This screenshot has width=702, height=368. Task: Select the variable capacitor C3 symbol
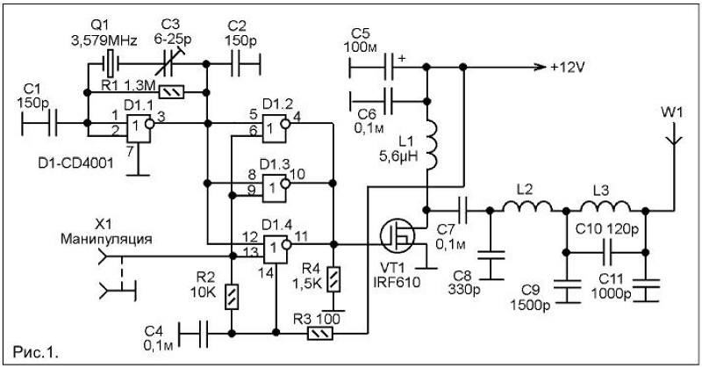169,63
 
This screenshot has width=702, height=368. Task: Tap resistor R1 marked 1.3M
172,93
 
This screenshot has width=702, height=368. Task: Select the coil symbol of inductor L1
431,145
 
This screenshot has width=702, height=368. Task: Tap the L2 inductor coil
527,205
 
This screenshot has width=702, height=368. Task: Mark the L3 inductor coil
605,205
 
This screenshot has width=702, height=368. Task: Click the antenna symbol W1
673,136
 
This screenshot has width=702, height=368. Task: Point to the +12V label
568,68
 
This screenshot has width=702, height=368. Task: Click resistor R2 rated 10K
232,297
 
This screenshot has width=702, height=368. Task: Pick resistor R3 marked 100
319,334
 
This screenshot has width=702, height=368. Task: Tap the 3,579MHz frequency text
104,41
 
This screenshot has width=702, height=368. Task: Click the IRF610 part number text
398,283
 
